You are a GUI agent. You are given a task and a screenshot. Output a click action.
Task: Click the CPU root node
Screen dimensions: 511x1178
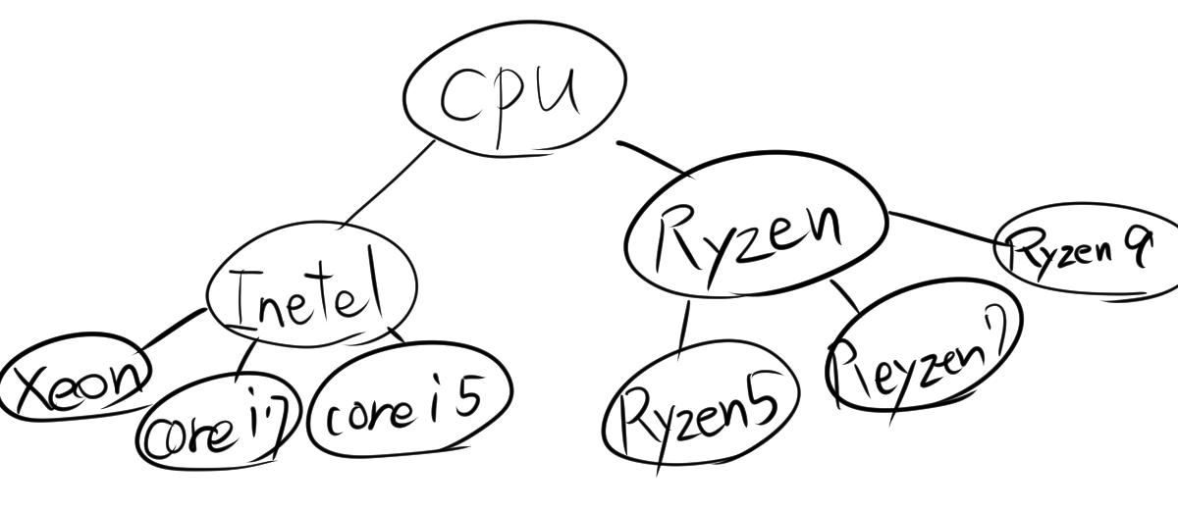513,95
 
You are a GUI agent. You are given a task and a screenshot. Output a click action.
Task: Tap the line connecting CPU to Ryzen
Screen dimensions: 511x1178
653,158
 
